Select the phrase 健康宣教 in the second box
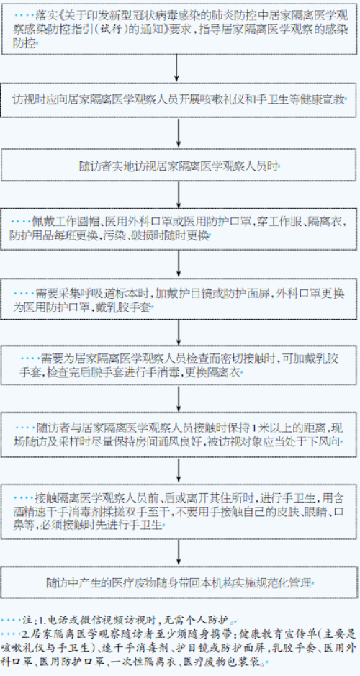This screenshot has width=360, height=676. click(325, 99)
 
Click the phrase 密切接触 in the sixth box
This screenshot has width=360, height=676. click(248, 359)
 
